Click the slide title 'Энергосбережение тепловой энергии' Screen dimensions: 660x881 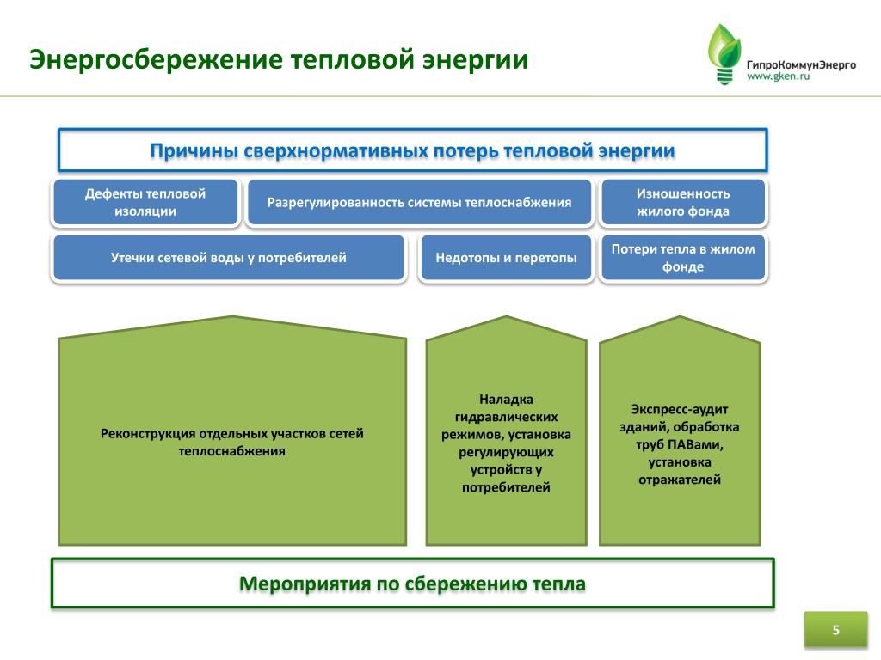click(279, 61)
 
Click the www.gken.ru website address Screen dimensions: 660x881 click(778, 76)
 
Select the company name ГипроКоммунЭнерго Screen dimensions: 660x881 click(800, 64)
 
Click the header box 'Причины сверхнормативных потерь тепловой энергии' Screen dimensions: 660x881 click(412, 150)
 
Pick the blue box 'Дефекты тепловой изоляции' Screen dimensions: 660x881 click(145, 202)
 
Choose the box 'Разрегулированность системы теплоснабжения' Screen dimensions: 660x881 click(419, 203)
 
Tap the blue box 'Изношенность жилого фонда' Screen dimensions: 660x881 click(683, 202)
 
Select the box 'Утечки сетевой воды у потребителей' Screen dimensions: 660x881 click(229, 257)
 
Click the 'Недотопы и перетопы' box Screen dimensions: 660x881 click(506, 257)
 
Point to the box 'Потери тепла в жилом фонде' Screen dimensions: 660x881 click(683, 258)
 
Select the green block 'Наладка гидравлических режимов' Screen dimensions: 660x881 click(506, 443)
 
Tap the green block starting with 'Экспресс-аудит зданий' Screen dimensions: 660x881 click(680, 443)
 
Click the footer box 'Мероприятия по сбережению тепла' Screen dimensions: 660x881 click(412, 584)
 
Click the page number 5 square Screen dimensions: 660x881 click(835, 631)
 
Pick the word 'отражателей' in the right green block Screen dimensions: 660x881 click(680, 480)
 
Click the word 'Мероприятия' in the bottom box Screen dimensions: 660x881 click(304, 584)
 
